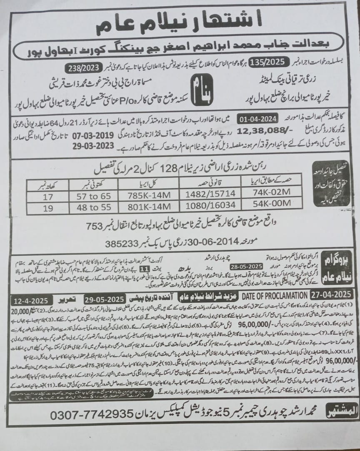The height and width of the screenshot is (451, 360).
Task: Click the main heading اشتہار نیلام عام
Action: point(180,23)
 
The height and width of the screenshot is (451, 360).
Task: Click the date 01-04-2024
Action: point(258,118)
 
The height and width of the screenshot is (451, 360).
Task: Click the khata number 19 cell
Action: point(45,207)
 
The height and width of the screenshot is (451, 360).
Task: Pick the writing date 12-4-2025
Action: point(32,300)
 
